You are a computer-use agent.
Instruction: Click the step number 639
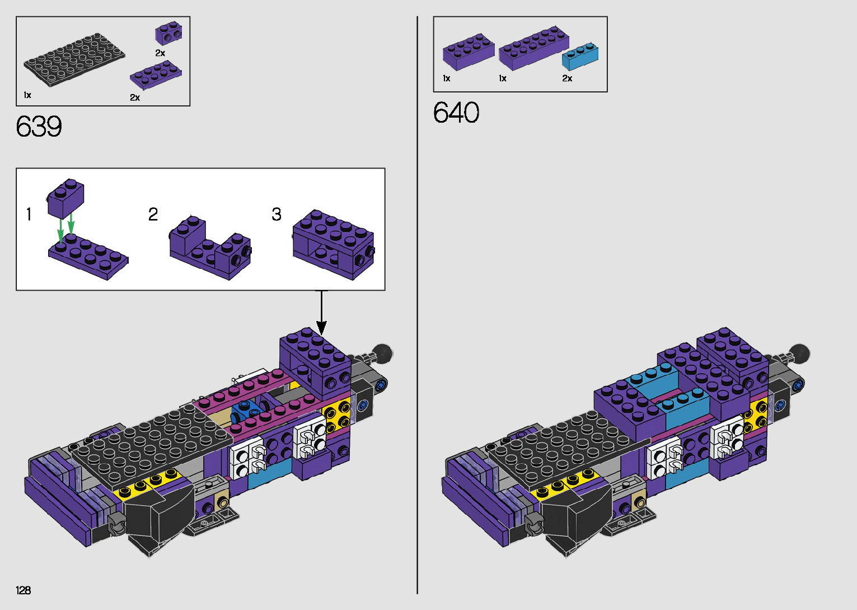(x=39, y=127)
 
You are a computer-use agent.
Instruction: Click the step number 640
(x=456, y=113)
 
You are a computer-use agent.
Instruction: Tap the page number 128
(x=24, y=590)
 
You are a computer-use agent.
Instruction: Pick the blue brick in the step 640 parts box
(x=580, y=56)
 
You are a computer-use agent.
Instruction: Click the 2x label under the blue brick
(x=567, y=78)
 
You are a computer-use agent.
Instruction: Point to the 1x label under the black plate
(x=27, y=95)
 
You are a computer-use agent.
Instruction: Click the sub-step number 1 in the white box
(x=29, y=214)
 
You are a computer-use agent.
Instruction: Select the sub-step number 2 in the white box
(x=153, y=214)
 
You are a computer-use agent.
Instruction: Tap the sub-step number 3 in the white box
(x=277, y=214)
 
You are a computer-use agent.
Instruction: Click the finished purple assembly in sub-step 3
(x=333, y=244)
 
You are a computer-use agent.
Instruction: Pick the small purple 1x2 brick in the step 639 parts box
(x=168, y=34)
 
